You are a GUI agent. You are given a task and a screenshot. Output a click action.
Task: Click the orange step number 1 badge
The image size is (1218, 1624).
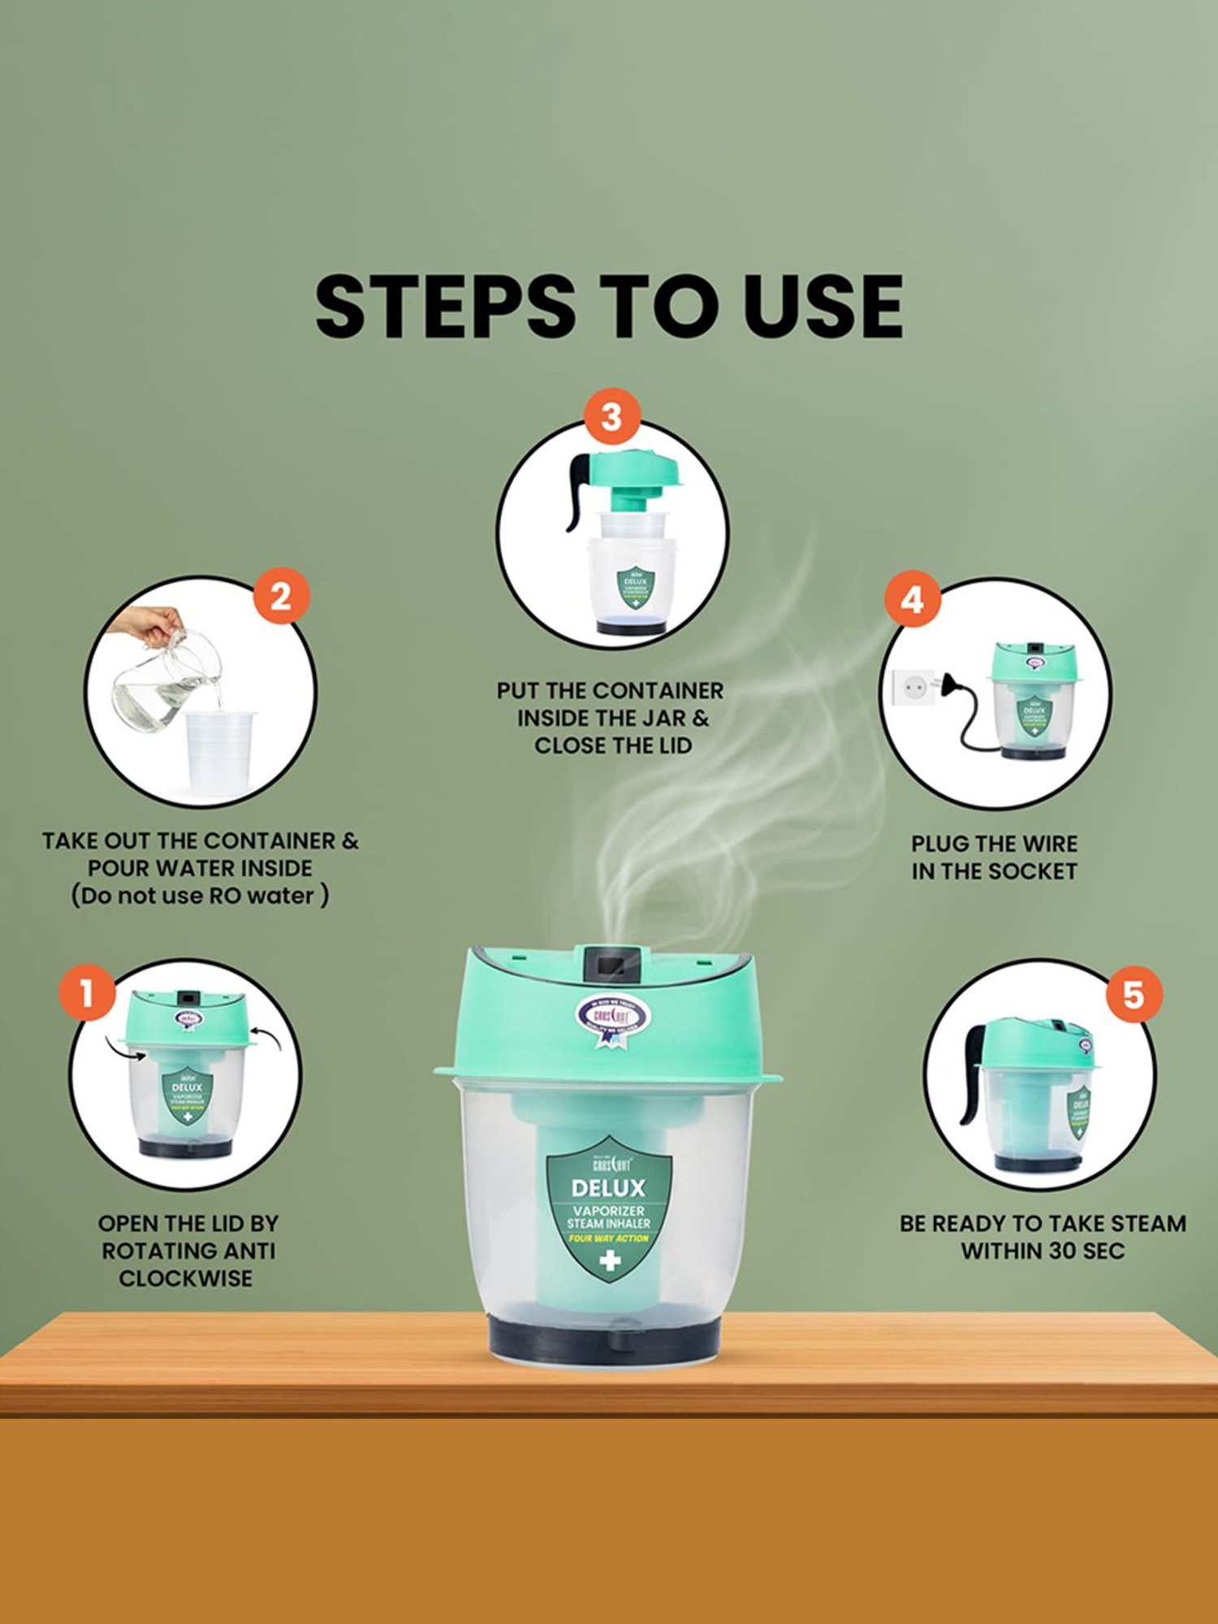pyautogui.click(x=86, y=992)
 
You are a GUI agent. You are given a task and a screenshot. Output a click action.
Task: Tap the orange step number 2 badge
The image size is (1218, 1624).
pyautogui.click(x=280, y=597)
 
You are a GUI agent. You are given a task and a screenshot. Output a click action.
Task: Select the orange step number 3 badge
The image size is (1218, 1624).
pyautogui.click(x=611, y=417)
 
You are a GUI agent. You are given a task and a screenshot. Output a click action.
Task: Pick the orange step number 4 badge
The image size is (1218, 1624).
pyautogui.click(x=912, y=601)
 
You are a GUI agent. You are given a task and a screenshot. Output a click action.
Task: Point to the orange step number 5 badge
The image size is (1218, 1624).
pyautogui.click(x=1133, y=994)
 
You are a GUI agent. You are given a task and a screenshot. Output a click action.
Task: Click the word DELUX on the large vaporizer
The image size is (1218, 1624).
pyautogui.click(x=608, y=1189)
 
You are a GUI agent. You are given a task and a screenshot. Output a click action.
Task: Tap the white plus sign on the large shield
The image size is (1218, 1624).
pyautogui.click(x=610, y=1261)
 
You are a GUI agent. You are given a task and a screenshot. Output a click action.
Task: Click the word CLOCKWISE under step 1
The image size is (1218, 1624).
pyautogui.click(x=186, y=1278)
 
